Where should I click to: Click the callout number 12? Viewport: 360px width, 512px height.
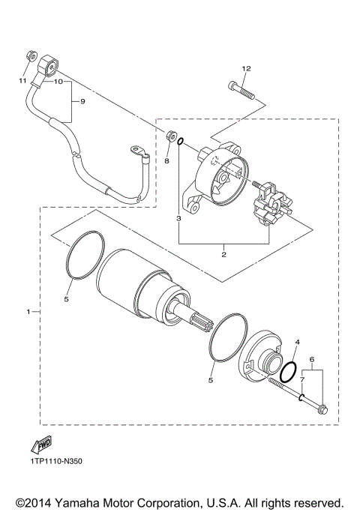(244, 69)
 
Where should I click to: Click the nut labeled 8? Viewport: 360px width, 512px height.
(171, 137)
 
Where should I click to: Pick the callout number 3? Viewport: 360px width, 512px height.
(178, 219)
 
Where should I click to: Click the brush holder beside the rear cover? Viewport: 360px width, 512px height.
(268, 205)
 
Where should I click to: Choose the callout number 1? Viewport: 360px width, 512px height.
(29, 310)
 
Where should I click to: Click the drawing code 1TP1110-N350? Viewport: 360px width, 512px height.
(56, 461)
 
